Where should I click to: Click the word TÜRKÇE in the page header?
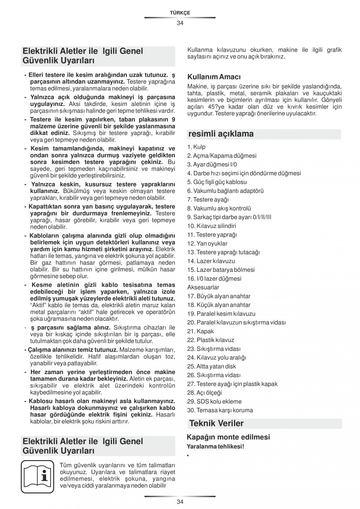(180, 13)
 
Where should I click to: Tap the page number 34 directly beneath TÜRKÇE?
(180, 23)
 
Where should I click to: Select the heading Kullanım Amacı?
(214, 76)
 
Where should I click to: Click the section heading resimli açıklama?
(221, 134)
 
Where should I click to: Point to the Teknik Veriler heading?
(216, 423)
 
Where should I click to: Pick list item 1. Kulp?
(196, 147)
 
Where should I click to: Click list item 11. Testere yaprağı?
(212, 235)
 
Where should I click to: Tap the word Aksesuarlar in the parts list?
(203, 288)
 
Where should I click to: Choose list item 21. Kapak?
(200, 331)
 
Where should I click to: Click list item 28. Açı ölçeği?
(204, 392)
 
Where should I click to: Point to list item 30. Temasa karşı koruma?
(220, 410)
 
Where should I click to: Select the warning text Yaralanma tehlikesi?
(215, 446)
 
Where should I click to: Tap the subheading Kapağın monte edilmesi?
(228, 437)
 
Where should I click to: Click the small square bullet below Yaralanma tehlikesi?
(188, 456)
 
